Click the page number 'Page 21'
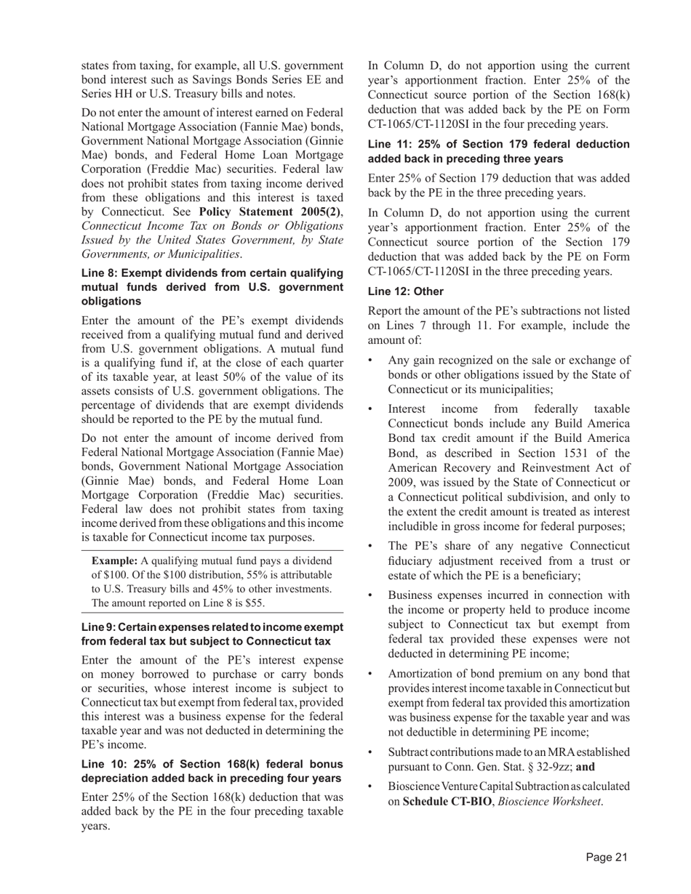607,858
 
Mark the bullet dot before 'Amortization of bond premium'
372,674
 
